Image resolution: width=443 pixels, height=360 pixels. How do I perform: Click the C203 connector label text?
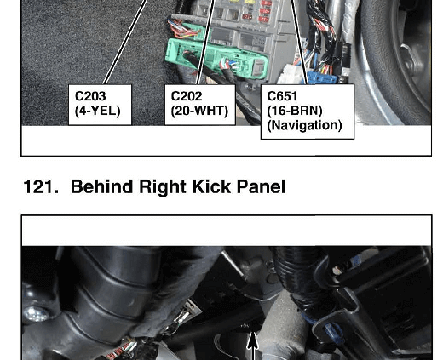tap(90, 96)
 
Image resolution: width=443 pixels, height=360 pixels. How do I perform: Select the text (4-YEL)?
tap(98, 111)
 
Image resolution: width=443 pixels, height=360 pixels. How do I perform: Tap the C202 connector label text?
tap(187, 96)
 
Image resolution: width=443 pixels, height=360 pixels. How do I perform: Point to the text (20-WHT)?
tap(199, 111)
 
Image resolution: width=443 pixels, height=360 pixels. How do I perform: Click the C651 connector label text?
tap(282, 96)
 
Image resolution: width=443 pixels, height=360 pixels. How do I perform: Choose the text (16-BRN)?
tap(295, 111)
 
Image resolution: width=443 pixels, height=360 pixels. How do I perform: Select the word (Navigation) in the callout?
tap(304, 125)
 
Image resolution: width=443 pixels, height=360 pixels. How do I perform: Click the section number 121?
tap(41, 186)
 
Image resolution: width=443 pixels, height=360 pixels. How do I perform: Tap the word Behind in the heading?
tap(102, 186)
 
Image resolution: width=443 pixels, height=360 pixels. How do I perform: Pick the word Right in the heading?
tap(163, 187)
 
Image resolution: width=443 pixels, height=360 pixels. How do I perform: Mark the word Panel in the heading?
tap(261, 186)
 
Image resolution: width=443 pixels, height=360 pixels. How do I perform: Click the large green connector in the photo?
tap(216, 59)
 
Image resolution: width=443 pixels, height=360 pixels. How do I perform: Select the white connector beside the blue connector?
tap(291, 74)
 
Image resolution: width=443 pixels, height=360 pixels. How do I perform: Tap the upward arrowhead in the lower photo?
tap(253, 340)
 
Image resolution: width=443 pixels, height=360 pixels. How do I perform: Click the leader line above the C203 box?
tap(125, 42)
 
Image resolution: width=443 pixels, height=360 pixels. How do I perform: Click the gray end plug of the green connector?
tap(260, 67)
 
